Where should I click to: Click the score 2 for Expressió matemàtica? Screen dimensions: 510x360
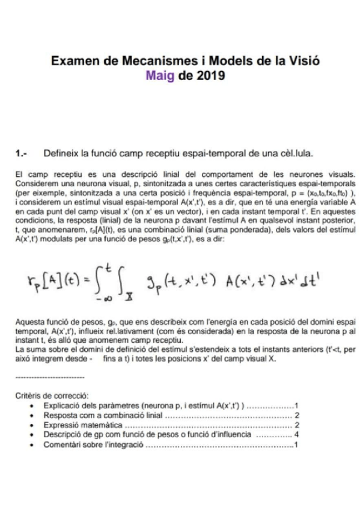coord(297,424)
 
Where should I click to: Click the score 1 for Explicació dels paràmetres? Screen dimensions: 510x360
coord(297,406)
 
